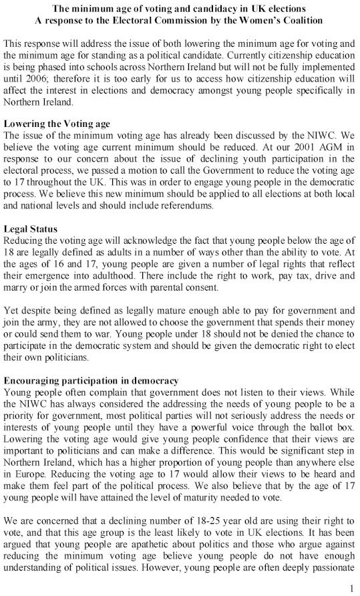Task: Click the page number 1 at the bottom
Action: point(351,587)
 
